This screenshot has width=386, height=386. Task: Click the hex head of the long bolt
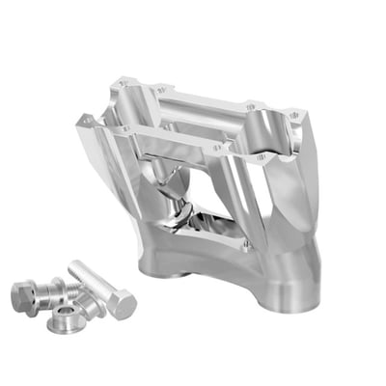120,306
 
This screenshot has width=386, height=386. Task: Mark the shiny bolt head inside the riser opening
184,207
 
